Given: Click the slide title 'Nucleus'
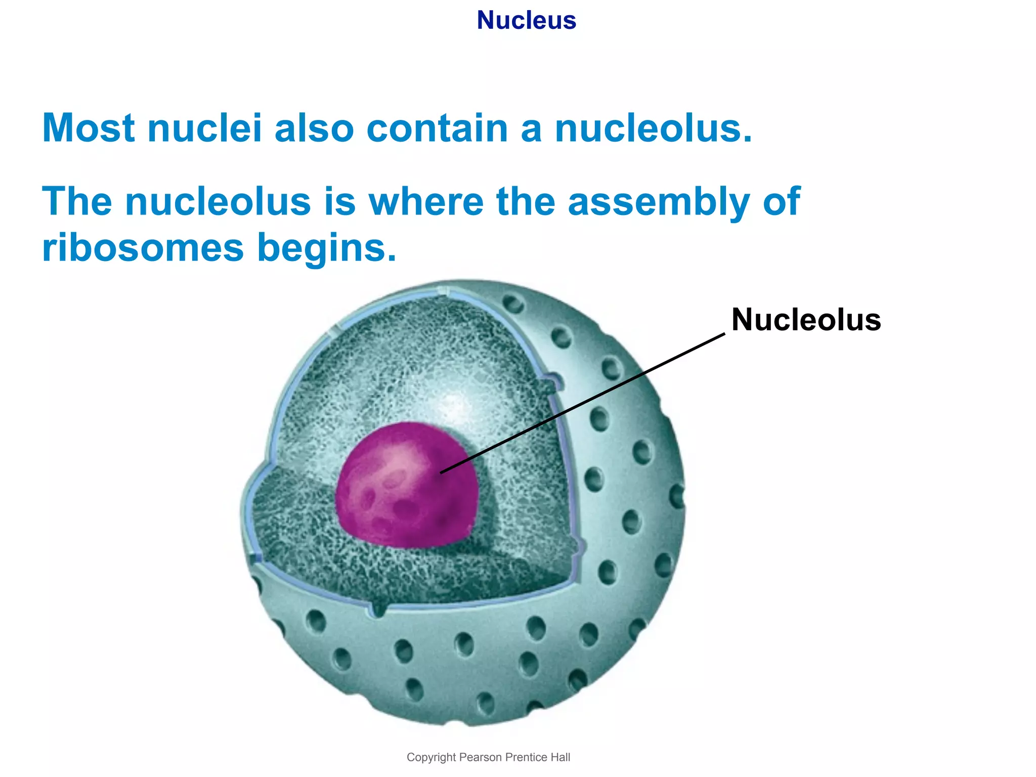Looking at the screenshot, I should [x=526, y=21].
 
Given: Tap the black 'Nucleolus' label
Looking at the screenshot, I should [x=806, y=320].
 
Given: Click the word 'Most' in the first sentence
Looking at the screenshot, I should [x=89, y=128].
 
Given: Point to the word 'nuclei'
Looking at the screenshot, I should [x=204, y=128].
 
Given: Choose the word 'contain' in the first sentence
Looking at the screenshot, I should [x=437, y=128].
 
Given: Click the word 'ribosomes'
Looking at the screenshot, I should [x=143, y=248].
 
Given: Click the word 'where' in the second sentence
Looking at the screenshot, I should [x=425, y=201].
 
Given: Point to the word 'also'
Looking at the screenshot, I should [x=314, y=128].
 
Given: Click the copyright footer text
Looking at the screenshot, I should [x=488, y=757].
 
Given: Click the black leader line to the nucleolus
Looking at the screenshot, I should [x=582, y=403].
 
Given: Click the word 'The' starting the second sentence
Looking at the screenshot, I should [x=76, y=201].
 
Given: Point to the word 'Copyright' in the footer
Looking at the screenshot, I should [x=431, y=757].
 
